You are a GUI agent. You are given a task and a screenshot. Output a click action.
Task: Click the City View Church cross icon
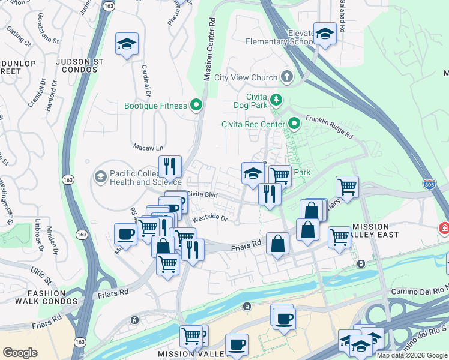click(287, 77)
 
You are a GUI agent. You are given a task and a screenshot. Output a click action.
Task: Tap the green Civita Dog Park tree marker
click(276, 99)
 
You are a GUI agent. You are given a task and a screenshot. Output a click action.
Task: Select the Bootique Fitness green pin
click(196, 106)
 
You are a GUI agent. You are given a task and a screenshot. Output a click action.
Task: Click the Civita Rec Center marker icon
click(294, 124)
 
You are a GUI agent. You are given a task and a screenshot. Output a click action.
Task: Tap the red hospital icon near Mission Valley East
click(444, 229)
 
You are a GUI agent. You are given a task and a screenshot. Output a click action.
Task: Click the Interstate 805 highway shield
click(429, 184)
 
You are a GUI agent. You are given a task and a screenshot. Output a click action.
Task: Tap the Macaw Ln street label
click(148, 147)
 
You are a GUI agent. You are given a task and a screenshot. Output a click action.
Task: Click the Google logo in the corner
click(20, 352)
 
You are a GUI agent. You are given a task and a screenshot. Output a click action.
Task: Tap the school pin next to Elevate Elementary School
click(325, 34)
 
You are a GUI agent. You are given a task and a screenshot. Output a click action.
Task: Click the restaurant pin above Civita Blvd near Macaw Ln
click(170, 166)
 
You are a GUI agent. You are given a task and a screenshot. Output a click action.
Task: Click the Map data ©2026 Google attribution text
click(411, 355)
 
